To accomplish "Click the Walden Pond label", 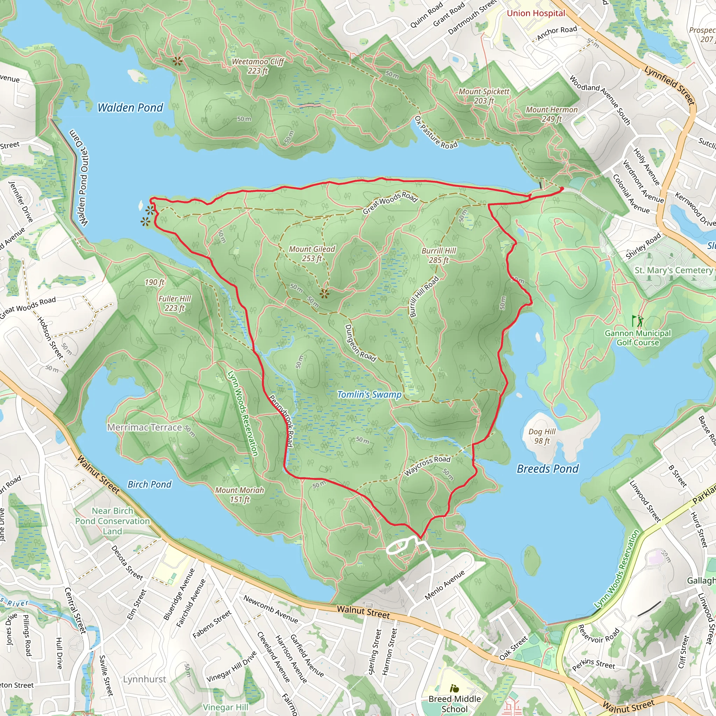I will coord(130,107).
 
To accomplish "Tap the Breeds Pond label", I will coord(547,469).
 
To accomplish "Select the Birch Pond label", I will coord(149,484).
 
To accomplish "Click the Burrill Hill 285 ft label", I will coord(439,255).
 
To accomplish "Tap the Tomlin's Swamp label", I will coord(369,395).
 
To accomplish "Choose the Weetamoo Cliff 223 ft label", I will coord(258,66).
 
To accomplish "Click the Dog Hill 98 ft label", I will coord(542,436).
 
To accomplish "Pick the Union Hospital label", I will coord(536,13).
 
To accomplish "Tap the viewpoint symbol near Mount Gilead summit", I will coord(324,294).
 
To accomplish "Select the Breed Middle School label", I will coord(454,703).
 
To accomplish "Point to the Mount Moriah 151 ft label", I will coord(239,495).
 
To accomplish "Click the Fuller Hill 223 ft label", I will coord(174,303).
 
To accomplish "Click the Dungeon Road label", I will coord(359,343).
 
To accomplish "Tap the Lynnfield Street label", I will coord(669,86).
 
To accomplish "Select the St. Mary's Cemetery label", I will coord(673,270).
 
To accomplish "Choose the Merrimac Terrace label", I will coord(144,427).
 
